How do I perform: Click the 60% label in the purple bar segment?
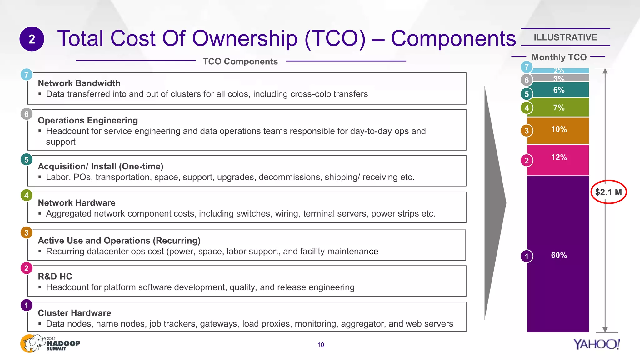(559, 255)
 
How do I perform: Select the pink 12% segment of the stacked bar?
(558, 160)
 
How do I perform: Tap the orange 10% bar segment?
(558, 131)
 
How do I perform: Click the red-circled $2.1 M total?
(608, 192)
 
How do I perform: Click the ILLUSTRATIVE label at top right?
(565, 37)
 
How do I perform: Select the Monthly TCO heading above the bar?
(559, 57)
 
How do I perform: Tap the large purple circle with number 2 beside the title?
(32, 39)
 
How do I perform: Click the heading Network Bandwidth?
(79, 83)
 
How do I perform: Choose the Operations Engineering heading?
(88, 120)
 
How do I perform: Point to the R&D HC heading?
(55, 277)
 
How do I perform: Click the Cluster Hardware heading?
(74, 313)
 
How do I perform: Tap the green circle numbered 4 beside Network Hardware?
(27, 196)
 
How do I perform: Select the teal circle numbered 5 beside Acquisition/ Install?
(27, 160)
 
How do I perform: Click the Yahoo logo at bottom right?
(596, 344)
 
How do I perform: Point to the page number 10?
(321, 345)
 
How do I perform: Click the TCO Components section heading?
(240, 62)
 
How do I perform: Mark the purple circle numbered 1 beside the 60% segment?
(527, 256)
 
